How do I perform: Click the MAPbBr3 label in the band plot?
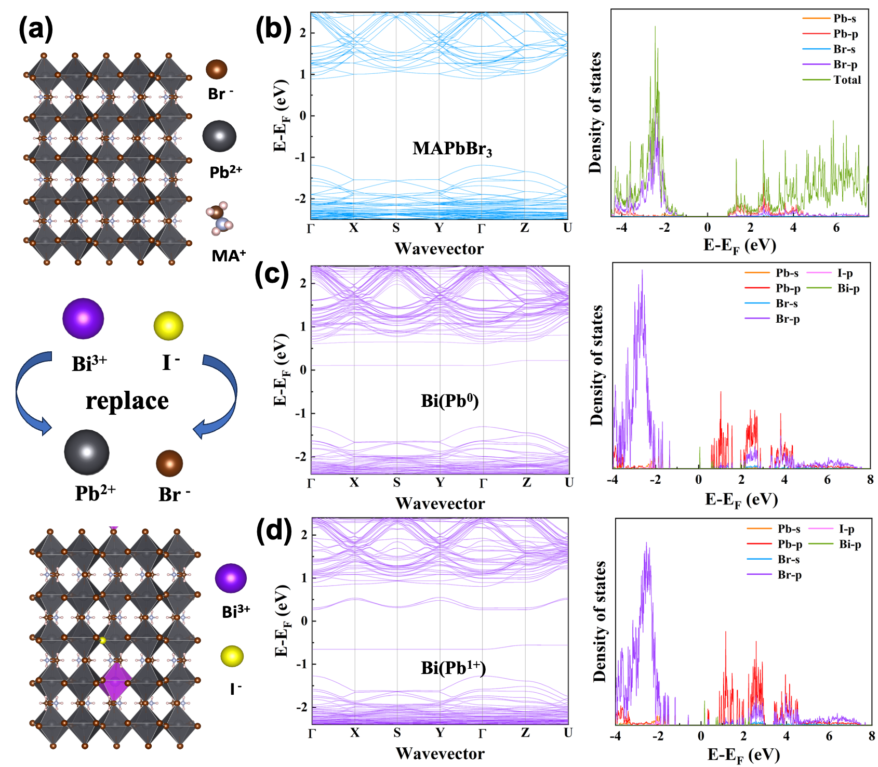[452, 149]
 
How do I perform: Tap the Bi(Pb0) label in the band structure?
[449, 401]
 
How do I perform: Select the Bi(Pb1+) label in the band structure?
[453, 668]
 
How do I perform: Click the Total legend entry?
[847, 80]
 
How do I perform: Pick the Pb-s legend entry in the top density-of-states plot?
[844, 19]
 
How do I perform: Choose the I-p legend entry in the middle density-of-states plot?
[845, 273]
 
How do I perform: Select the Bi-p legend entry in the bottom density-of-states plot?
[850, 545]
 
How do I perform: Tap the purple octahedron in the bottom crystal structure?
[115, 681]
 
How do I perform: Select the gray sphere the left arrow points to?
[87, 452]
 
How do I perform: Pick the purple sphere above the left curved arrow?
[83, 318]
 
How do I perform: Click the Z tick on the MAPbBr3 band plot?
[525, 228]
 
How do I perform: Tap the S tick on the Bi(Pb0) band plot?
[397, 483]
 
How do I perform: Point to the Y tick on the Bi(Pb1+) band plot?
[440, 733]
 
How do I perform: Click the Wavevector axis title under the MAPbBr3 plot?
[439, 248]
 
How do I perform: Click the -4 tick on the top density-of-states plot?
[621, 228]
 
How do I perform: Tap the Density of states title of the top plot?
[595, 112]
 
